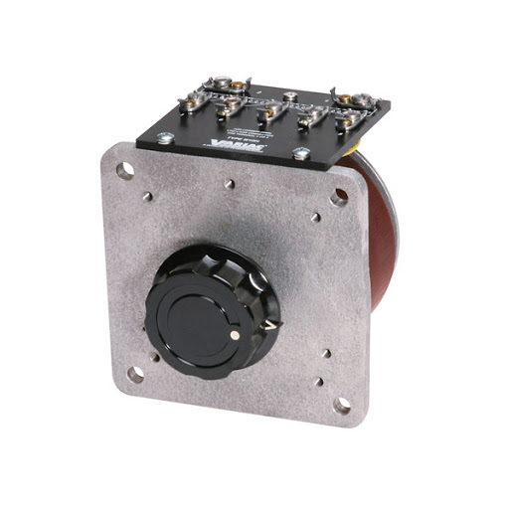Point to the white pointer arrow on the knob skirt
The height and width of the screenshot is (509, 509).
click(x=270, y=324)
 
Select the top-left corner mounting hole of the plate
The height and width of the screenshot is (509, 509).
click(x=124, y=170)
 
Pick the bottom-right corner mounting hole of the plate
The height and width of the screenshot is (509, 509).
click(x=342, y=405)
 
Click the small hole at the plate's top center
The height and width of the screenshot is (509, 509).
click(x=230, y=184)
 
